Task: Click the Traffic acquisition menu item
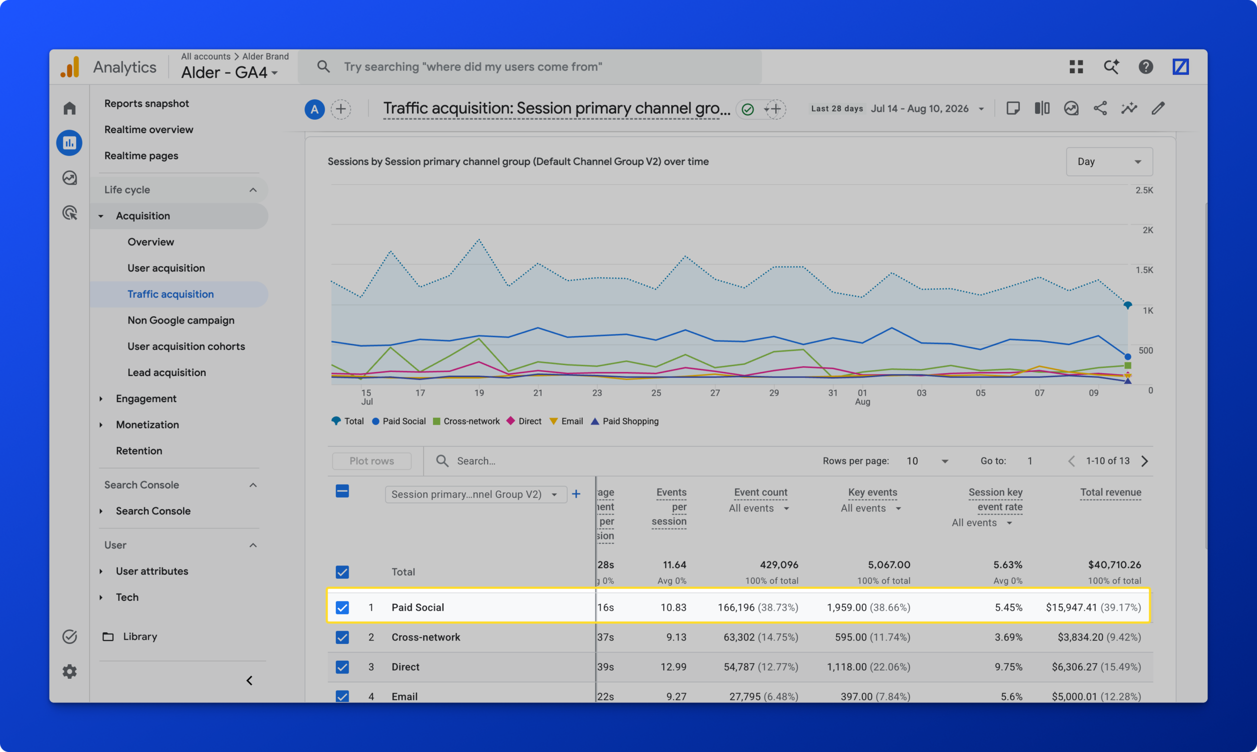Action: click(170, 294)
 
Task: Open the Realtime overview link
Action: click(148, 129)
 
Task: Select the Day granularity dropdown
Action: click(1109, 161)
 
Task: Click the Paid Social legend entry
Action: click(399, 421)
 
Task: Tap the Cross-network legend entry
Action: click(466, 421)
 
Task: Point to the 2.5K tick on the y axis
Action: click(1144, 190)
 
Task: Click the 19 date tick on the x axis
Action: click(479, 393)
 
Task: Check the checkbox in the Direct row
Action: click(342, 667)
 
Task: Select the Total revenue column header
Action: click(1111, 492)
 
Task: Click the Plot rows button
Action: click(372, 460)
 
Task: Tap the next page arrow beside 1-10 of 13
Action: click(1145, 460)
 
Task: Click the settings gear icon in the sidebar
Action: click(69, 671)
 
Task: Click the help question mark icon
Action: click(1146, 66)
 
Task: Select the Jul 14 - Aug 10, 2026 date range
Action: click(920, 108)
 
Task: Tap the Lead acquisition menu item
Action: click(167, 373)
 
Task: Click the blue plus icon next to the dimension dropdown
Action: click(576, 494)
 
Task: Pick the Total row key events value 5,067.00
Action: click(889, 564)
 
